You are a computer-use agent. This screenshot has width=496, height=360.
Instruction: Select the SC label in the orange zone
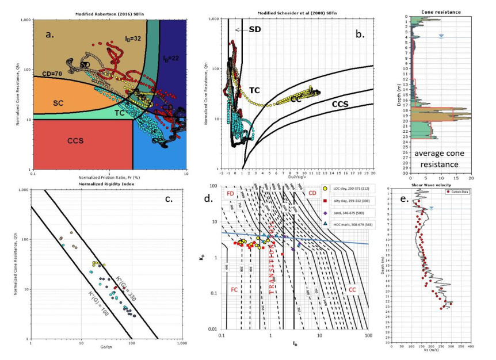[x=58, y=102]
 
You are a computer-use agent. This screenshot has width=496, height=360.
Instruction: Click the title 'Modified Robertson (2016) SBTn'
[x=110, y=13]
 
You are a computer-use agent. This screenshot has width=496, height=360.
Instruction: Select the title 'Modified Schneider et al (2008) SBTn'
[x=299, y=13]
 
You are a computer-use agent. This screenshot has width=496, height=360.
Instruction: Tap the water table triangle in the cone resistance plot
[x=441, y=36]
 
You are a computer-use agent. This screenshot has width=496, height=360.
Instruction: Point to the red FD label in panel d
[x=231, y=194]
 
